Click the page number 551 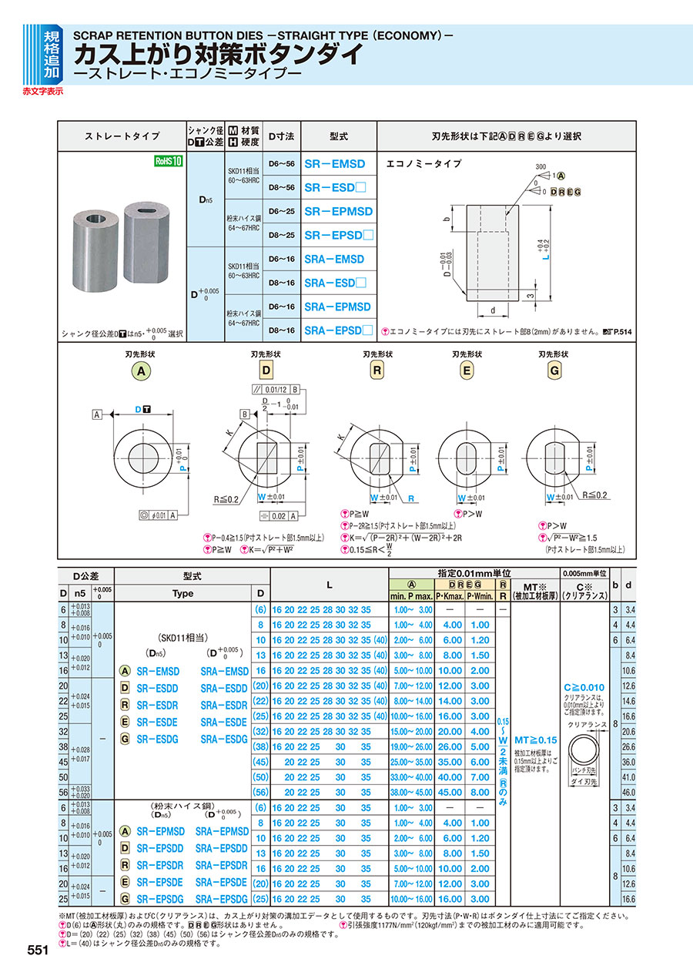click(37, 951)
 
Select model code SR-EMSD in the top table click(335, 164)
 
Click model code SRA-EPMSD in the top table click(337, 307)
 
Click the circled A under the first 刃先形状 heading click(141, 371)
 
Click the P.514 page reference click(617, 331)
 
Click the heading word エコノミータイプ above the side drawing click(423, 163)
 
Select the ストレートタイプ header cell click(122, 136)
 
